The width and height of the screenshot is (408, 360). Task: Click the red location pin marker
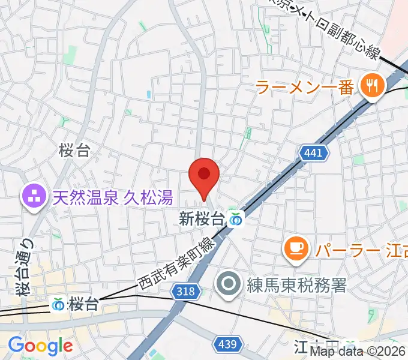204,176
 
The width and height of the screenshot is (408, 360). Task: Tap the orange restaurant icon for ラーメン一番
372,86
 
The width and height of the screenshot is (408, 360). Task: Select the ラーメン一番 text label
304,87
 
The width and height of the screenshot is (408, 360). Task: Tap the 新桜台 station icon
236,221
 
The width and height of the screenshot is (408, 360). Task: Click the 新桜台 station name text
202,220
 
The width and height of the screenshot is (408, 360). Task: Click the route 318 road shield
185,292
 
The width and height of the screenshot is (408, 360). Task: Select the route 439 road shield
229,344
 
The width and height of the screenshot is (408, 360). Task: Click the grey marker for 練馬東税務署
229,284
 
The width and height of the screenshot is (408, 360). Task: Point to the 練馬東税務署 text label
297,284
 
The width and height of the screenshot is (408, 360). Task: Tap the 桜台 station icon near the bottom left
59,304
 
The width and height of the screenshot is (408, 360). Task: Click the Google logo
40,346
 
